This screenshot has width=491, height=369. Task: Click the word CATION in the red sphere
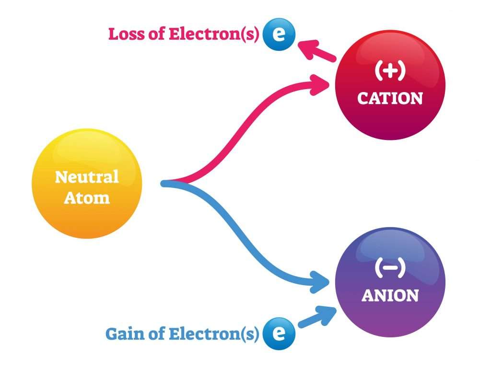pos(390,98)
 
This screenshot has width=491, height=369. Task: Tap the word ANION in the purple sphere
pos(390,295)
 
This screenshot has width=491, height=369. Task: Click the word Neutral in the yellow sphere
pos(86,177)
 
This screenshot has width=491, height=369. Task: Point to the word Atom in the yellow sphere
pos(86,197)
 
